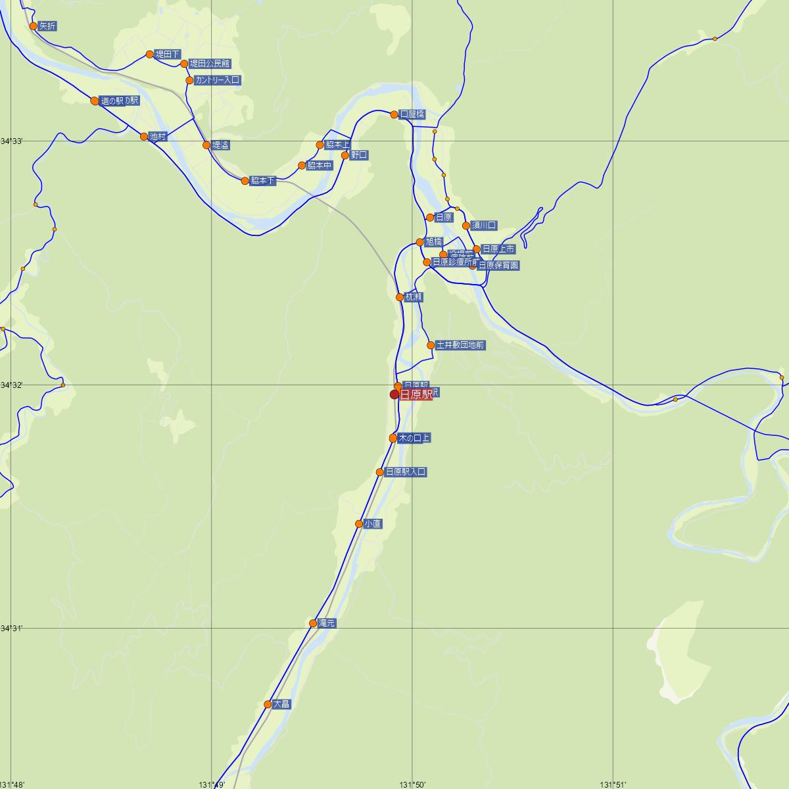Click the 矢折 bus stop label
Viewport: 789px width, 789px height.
click(x=47, y=26)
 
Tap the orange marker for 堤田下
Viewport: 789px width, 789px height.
click(x=150, y=54)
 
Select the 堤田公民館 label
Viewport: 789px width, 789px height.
click(x=210, y=64)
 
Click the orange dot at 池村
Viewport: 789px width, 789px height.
click(x=144, y=137)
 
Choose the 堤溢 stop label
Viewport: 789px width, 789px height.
click(x=220, y=145)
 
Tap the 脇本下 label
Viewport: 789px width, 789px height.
click(x=262, y=181)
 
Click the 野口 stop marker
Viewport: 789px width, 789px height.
click(x=345, y=155)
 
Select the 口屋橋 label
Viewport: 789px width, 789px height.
click(x=412, y=114)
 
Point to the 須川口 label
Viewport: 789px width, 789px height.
click(x=484, y=226)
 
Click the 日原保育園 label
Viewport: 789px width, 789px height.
click(x=498, y=266)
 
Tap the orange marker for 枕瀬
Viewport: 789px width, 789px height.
click(x=400, y=297)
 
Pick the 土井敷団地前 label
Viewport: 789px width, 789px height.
click(x=460, y=345)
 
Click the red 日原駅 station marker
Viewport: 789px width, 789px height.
click(x=394, y=394)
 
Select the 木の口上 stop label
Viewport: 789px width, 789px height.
click(x=414, y=438)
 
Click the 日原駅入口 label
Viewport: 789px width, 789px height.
click(x=406, y=472)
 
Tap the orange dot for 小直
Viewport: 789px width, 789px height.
click(x=359, y=524)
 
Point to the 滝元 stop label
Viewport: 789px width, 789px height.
click(x=327, y=623)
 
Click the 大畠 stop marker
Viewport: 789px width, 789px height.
click(x=268, y=704)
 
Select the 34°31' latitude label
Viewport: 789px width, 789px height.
click(x=12, y=628)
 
